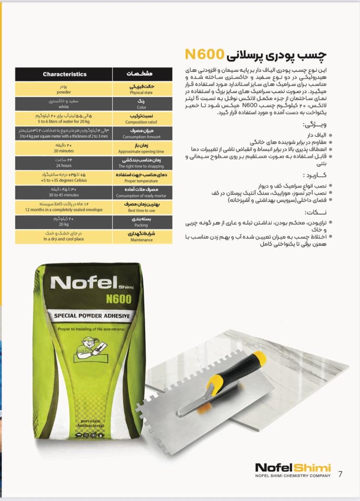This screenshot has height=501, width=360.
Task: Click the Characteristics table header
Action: tap(64, 74)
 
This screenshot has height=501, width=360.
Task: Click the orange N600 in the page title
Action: tap(205, 54)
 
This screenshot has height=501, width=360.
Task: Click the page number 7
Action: tap(341, 474)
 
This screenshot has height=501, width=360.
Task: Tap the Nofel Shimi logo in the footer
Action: tap(293, 468)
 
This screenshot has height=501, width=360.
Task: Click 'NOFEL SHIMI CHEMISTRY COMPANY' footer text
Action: tap(293, 475)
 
